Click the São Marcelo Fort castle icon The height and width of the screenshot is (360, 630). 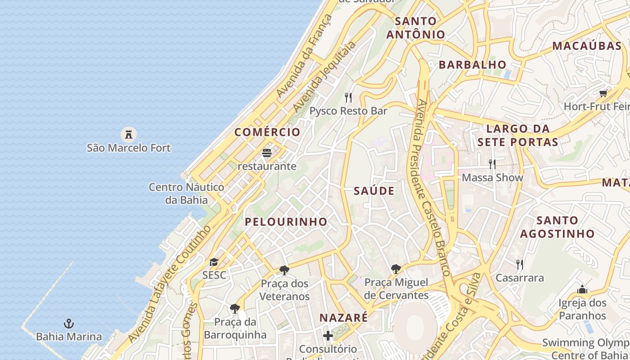pos(129,134)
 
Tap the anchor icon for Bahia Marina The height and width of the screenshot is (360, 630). pos(69,323)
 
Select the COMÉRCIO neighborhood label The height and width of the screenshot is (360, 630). pos(267,132)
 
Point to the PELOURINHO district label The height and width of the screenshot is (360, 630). pos(286,221)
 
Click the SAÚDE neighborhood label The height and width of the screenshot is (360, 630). pos(374,191)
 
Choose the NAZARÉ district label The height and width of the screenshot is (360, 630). pos(343,317)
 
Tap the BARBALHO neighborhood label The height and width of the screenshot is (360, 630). pos(472,64)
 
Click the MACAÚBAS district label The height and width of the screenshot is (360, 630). pos(587,45)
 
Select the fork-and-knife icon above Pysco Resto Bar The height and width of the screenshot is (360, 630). pos(348,97)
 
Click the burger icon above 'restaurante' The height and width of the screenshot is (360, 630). pos(267,153)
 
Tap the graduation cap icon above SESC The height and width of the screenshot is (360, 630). pos(214,262)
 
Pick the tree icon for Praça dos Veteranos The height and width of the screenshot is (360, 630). pos(284,270)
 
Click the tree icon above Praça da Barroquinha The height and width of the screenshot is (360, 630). pos(234,308)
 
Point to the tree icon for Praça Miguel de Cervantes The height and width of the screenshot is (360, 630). pos(396,269)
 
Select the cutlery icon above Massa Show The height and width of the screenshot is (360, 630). pos(492,164)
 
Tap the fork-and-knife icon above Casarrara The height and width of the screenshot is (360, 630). pos(519,264)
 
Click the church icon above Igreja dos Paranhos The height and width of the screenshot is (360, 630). pos(582,289)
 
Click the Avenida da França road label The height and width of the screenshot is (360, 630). pos(304,56)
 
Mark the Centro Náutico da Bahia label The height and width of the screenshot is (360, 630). pos(186,193)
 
